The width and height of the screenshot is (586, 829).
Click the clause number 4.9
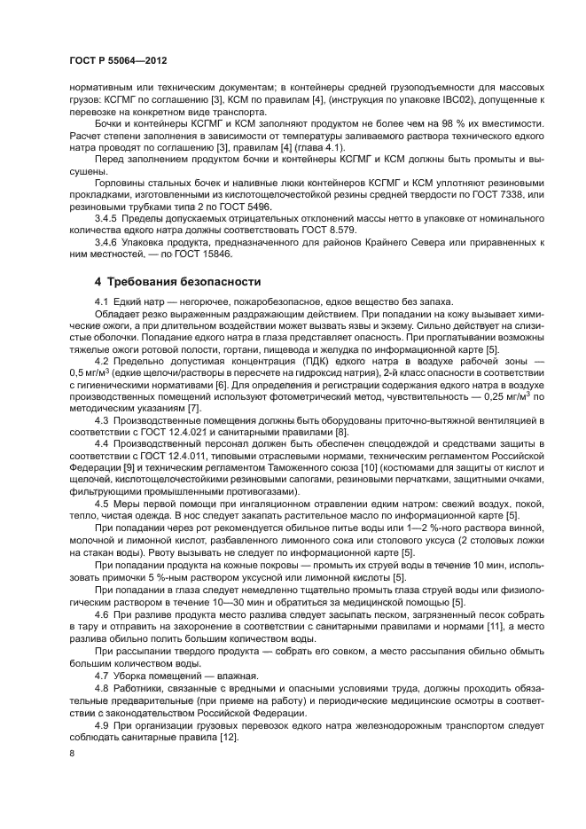pos(103,723)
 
